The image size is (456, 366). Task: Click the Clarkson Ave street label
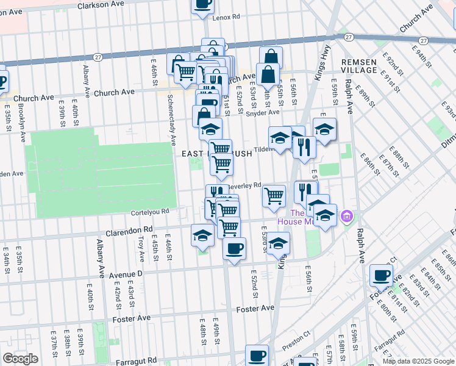(101, 5)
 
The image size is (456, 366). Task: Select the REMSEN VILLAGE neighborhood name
(359, 66)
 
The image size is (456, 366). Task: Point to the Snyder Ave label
(263, 112)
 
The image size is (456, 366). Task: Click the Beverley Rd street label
(245, 185)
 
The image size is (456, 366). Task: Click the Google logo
(21, 359)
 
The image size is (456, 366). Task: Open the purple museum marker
(347, 215)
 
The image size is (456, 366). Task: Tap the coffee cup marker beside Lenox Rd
(202, 5)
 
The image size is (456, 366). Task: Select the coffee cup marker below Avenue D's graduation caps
(234, 248)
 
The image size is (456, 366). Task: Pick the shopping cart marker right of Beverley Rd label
(274, 196)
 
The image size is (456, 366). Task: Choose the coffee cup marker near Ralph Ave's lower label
(381, 275)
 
